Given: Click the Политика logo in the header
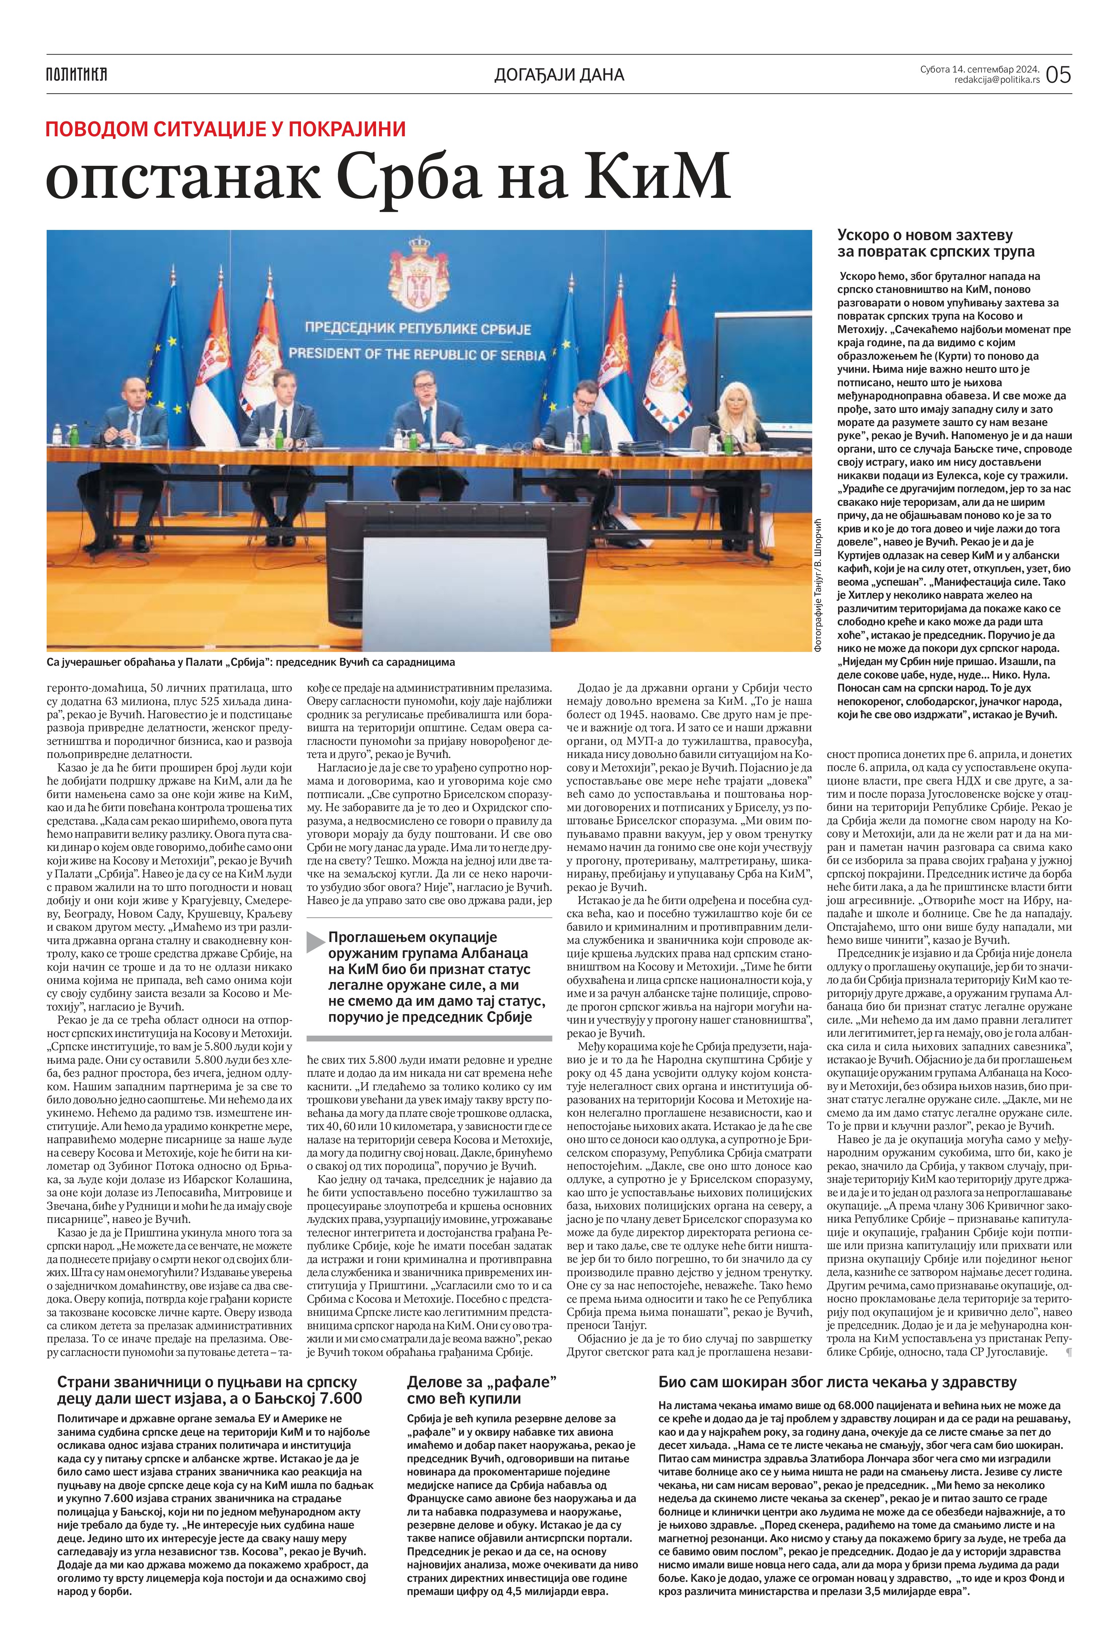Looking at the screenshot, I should pos(77,74).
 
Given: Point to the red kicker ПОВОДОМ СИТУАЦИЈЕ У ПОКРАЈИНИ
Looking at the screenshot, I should pos(226,129).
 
